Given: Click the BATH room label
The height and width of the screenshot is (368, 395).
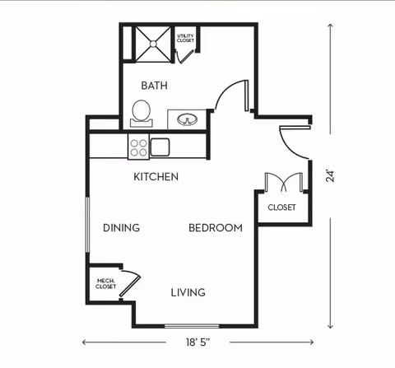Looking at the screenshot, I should point(154,85).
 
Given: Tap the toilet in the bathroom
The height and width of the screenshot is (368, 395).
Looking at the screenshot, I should point(142,113).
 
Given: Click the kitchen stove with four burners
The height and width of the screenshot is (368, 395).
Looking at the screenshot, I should point(137,147).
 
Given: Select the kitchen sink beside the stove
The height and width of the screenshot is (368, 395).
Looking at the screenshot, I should point(160,147).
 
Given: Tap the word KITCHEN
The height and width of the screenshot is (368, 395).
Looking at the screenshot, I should point(156,177).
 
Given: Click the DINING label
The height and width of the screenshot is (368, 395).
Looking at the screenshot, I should point(121,228).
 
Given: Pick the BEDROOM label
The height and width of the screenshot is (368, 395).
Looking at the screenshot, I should point(216,228).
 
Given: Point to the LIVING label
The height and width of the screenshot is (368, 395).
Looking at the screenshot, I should point(188,292).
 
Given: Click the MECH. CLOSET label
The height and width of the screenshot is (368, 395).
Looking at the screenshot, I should point(105,284).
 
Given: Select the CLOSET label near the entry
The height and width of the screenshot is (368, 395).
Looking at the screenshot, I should point(281,207).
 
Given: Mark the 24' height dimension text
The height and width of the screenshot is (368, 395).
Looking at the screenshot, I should point(330,175).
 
